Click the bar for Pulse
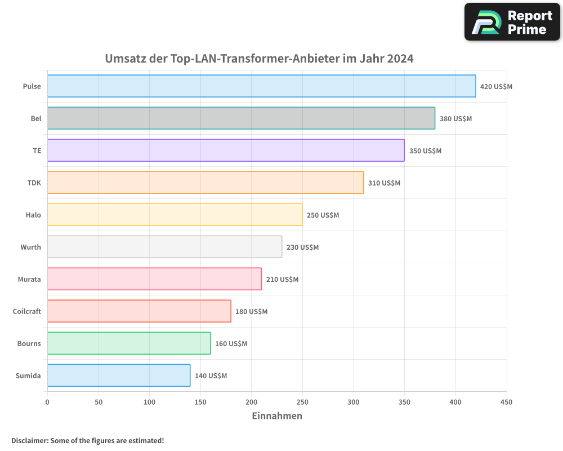tap(261, 86)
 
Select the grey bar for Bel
tap(241, 118)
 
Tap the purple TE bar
tap(226, 151)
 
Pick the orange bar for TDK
tap(205, 183)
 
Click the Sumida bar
tap(119, 375)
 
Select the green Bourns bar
tap(129, 343)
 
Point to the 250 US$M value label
tap(323, 215)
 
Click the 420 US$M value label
tap(496, 87)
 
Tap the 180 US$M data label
tap(251, 312)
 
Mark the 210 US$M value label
tap(282, 280)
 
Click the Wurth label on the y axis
tap(30, 247)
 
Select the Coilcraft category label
tap(26, 311)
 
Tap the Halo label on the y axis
tap(33, 215)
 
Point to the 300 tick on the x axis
tap(354, 402)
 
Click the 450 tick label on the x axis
tap(507, 402)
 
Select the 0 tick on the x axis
tap(47, 402)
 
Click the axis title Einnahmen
tap(276, 416)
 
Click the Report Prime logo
tap(512, 22)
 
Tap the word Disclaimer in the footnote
tap(29, 441)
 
